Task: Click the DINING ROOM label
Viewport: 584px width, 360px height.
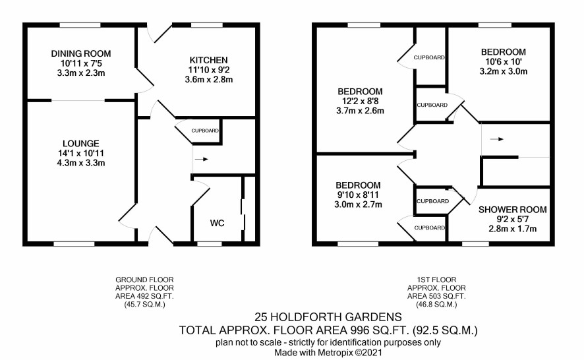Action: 81,53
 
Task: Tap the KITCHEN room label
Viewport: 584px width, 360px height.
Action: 208,60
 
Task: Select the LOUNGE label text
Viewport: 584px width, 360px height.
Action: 81,144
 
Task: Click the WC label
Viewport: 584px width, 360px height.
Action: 217,223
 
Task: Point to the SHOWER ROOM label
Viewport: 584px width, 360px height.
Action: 513,210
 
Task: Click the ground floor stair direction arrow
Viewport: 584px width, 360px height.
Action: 202,160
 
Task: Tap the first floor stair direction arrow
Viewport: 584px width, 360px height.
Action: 497,139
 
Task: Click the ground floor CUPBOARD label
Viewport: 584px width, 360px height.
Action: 205,131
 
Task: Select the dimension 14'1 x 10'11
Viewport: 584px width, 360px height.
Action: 81,153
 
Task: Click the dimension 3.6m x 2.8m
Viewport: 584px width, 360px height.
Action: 208,79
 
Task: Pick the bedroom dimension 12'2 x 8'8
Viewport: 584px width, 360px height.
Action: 360,101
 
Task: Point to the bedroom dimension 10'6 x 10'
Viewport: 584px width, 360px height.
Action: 503,61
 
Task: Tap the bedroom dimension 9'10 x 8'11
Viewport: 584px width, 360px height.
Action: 358,195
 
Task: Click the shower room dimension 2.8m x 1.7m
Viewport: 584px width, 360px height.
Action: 513,228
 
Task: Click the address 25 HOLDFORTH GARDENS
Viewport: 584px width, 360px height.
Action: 328,317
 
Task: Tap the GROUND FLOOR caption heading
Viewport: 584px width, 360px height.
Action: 144,280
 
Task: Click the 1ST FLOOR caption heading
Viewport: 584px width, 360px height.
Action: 436,280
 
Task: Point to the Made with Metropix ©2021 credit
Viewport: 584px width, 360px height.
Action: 328,352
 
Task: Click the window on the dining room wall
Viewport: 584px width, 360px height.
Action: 80,25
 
